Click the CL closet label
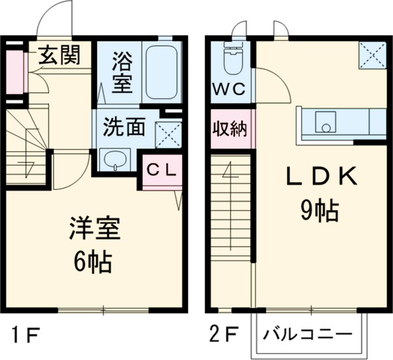(161, 170)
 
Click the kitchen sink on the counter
(325, 120)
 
